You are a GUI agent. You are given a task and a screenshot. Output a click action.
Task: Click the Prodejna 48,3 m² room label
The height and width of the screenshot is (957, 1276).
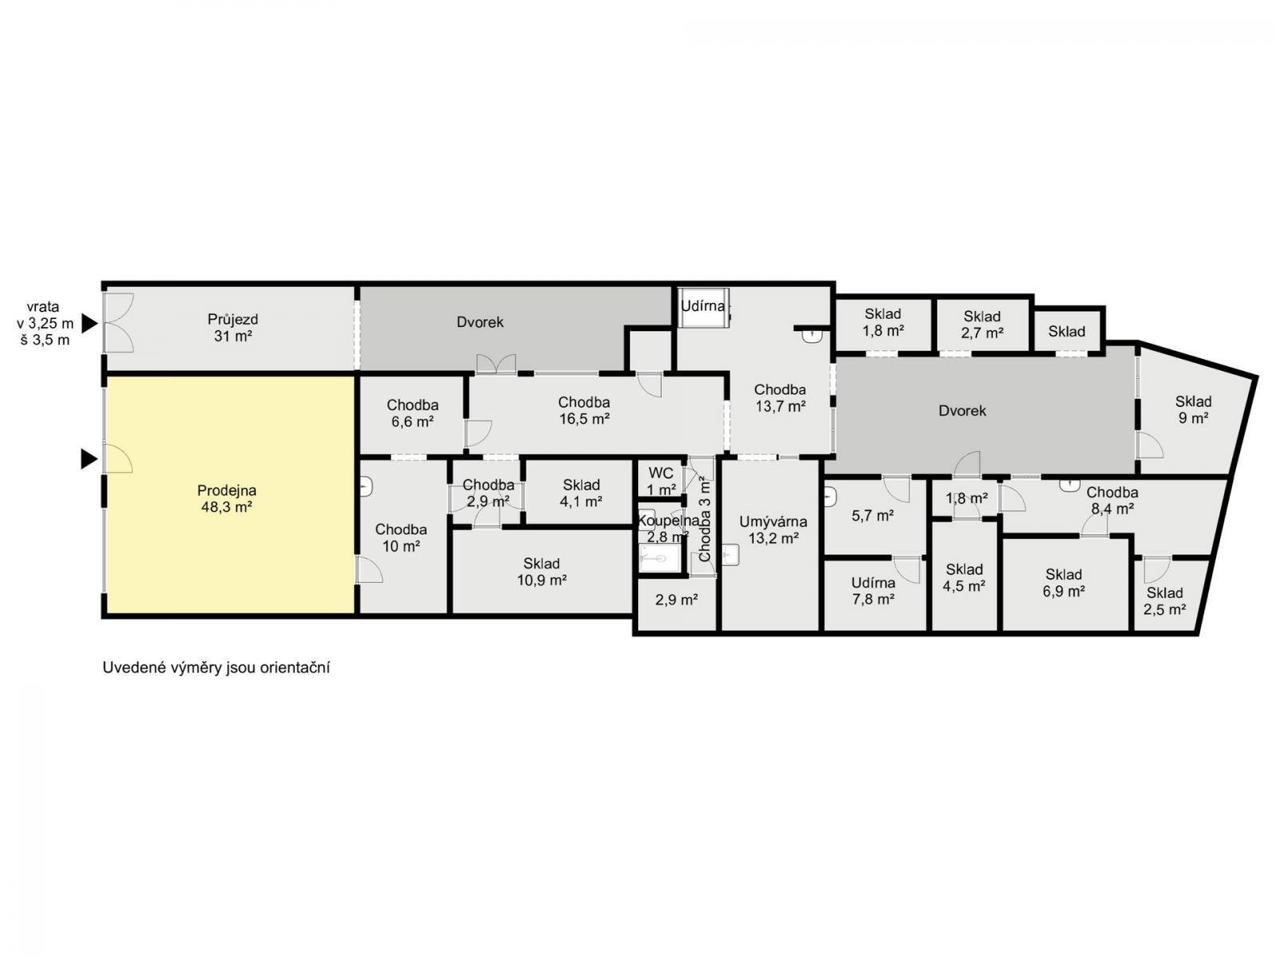point(226,498)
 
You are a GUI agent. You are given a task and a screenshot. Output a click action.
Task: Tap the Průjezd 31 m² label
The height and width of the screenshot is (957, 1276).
point(233,328)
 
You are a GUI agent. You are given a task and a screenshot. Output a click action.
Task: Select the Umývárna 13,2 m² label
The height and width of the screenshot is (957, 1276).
point(773,530)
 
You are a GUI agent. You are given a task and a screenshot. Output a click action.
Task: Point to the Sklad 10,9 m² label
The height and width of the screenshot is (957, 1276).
point(542,571)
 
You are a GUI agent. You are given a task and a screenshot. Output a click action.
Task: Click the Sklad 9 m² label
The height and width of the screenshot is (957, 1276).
point(1193,410)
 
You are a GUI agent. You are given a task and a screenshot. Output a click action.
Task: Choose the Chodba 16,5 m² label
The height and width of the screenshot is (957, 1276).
point(584,410)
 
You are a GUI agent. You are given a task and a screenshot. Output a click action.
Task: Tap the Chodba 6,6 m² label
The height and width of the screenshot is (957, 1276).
point(412,413)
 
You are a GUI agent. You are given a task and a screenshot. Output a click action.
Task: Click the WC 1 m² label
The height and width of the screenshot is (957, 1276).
point(661,481)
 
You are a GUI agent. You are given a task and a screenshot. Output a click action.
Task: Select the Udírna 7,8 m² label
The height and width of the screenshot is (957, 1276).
point(872,590)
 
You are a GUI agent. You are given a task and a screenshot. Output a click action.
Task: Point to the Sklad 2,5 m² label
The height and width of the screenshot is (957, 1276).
point(1164,601)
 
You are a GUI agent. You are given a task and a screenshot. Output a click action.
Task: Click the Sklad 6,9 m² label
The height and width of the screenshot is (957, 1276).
point(1063,582)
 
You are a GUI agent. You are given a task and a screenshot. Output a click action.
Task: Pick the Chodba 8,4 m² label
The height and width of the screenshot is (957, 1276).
point(1112,500)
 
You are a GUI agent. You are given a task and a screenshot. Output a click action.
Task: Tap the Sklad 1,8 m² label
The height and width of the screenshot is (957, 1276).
point(883,322)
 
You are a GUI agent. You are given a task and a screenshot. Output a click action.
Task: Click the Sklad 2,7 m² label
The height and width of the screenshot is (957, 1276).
point(982,325)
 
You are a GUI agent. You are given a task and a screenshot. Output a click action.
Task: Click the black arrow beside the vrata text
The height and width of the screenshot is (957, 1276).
point(89,324)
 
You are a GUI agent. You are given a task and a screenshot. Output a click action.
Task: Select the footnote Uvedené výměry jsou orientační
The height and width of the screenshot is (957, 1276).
point(216,668)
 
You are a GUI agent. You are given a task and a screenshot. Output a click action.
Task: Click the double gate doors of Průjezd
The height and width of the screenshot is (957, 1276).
point(119,322)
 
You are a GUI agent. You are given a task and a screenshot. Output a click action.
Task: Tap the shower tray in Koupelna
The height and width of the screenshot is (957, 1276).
point(660,558)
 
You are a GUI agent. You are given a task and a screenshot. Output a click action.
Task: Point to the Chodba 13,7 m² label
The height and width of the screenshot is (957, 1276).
point(779,397)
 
